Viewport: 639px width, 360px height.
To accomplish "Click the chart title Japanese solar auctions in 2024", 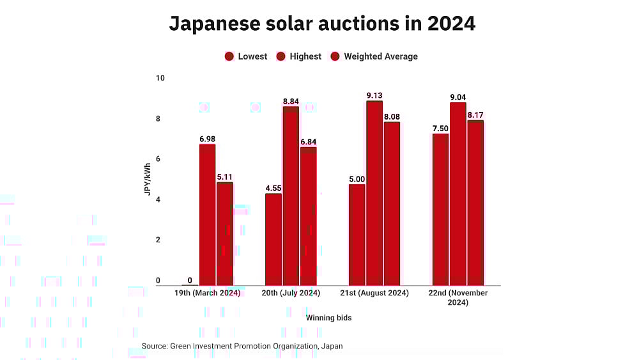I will (322, 24).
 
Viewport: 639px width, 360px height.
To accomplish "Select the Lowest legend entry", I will (246, 56).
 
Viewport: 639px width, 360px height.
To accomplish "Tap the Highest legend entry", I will (298, 56).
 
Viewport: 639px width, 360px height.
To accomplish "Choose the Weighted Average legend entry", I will (374, 56).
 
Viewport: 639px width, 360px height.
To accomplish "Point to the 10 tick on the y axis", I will (160, 78).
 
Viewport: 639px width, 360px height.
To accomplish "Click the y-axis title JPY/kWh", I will (148, 180).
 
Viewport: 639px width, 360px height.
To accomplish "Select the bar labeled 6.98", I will (207, 215).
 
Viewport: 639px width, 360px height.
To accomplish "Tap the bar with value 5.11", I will (225, 234).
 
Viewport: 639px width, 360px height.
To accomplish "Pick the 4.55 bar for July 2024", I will (273, 239).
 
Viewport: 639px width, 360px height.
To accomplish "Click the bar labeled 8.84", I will (291, 196).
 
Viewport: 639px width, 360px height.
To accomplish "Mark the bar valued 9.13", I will (374, 193).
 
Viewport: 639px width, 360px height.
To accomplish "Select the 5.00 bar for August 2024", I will (357, 235).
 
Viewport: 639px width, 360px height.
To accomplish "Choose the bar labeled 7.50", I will (441, 209).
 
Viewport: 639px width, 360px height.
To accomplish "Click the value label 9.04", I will (458, 97).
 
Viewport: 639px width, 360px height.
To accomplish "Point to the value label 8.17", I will (475, 115).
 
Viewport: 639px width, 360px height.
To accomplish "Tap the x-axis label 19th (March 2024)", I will (207, 293).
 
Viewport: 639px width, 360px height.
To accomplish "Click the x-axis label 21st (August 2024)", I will (374, 293).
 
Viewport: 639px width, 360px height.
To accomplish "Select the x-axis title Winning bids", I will (328, 318).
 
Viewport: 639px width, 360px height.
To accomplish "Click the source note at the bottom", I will (242, 346).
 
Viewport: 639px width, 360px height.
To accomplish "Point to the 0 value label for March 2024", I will (190, 280).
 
